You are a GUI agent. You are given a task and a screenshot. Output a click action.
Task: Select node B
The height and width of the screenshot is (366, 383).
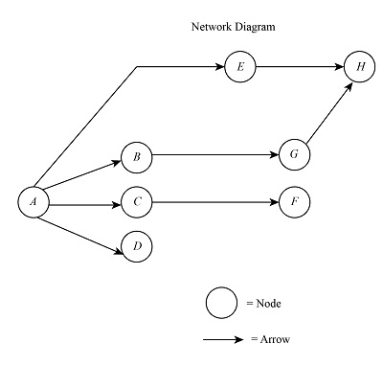(x=137, y=154)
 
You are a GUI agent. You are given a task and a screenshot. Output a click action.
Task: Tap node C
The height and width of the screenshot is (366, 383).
(x=137, y=203)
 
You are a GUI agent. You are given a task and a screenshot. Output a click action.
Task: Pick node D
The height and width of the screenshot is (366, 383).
(x=137, y=246)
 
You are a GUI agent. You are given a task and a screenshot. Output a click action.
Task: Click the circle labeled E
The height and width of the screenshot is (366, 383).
(x=239, y=67)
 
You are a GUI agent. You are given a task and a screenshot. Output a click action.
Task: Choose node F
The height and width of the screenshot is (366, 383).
(x=294, y=203)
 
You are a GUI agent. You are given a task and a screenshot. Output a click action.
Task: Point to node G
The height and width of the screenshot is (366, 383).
(x=294, y=154)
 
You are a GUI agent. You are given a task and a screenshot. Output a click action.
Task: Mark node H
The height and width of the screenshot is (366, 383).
(x=360, y=67)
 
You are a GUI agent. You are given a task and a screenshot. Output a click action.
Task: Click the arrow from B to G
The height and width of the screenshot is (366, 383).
(x=215, y=154)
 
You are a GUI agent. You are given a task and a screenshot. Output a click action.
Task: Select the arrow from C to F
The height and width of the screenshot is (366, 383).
(x=215, y=203)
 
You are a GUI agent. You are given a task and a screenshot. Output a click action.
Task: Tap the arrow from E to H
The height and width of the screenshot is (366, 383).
(x=300, y=67)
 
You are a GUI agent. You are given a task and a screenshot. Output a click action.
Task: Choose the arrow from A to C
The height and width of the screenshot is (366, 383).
(x=85, y=204)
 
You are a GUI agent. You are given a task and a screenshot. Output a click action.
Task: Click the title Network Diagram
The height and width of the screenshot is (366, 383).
(x=234, y=27)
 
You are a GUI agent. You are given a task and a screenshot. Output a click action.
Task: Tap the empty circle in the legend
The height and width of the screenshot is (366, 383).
(x=221, y=303)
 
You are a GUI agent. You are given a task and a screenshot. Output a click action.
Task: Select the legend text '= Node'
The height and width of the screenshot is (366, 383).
(x=263, y=304)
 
